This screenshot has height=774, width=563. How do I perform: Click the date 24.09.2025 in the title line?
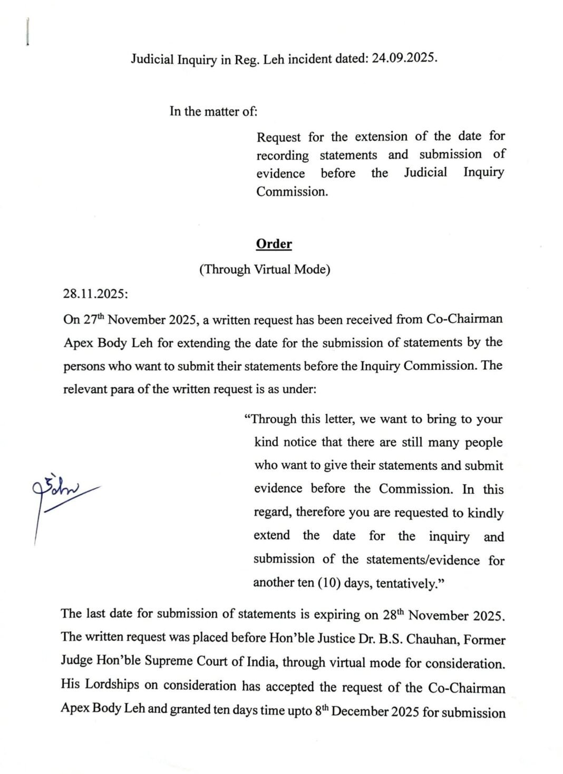click(404, 58)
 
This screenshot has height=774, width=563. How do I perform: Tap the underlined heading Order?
click(274, 244)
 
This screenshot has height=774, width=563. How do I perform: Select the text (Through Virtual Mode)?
click(265, 269)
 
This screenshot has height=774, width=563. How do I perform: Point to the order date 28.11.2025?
click(95, 294)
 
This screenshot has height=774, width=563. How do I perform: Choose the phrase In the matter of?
click(213, 111)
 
